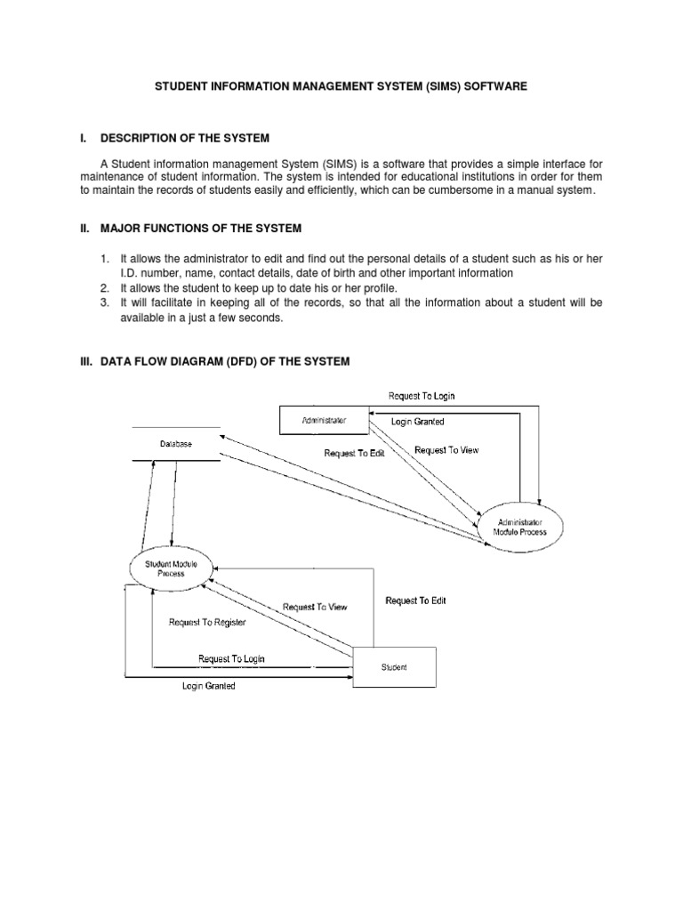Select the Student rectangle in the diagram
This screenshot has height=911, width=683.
(x=395, y=667)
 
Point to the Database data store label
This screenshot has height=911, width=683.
(x=175, y=443)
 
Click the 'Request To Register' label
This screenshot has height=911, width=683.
(x=206, y=623)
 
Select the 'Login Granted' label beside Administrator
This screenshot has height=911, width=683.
(x=417, y=422)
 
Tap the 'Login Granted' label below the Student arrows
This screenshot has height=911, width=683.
(x=209, y=686)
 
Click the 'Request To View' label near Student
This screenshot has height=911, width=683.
(x=315, y=608)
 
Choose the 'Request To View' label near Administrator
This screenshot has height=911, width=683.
(x=446, y=450)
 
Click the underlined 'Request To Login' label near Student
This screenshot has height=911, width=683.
(x=231, y=659)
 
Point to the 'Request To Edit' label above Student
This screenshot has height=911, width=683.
(x=415, y=601)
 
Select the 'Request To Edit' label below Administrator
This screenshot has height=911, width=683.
(x=354, y=453)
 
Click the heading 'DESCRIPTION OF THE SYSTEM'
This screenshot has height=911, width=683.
(x=184, y=139)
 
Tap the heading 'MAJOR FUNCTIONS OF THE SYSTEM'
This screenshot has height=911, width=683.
(x=201, y=229)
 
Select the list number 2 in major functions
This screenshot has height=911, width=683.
(x=104, y=289)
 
